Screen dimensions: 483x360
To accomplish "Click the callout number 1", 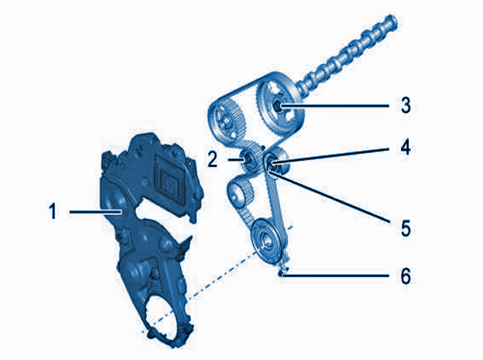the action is (x=53, y=211).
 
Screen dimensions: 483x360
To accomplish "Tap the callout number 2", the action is (x=212, y=159).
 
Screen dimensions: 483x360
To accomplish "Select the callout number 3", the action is (x=406, y=105).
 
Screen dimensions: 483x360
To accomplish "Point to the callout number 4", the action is (x=406, y=147).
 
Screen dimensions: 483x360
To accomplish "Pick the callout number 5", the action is (x=406, y=228).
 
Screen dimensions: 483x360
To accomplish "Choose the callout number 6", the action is (x=406, y=275).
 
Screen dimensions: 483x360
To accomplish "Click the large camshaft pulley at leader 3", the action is (x=280, y=107).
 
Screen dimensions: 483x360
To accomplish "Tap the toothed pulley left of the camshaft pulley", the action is (x=227, y=121).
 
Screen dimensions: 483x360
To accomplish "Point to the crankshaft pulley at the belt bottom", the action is (x=266, y=241).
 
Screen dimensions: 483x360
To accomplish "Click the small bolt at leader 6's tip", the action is (x=282, y=273).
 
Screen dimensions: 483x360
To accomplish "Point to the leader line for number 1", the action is (x=95, y=212).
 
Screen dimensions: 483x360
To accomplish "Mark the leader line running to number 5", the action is (x=331, y=197).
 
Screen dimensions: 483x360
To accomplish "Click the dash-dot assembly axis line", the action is (x=217, y=279).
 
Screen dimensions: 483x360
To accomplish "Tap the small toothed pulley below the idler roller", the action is (x=240, y=193).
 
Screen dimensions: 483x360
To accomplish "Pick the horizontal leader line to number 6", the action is (x=336, y=275).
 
